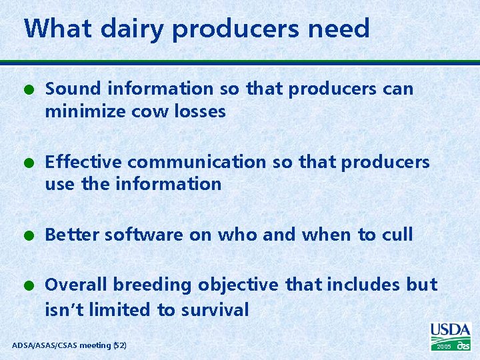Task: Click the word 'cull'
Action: (x=397, y=235)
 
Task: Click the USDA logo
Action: (x=451, y=331)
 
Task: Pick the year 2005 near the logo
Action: (x=444, y=347)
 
